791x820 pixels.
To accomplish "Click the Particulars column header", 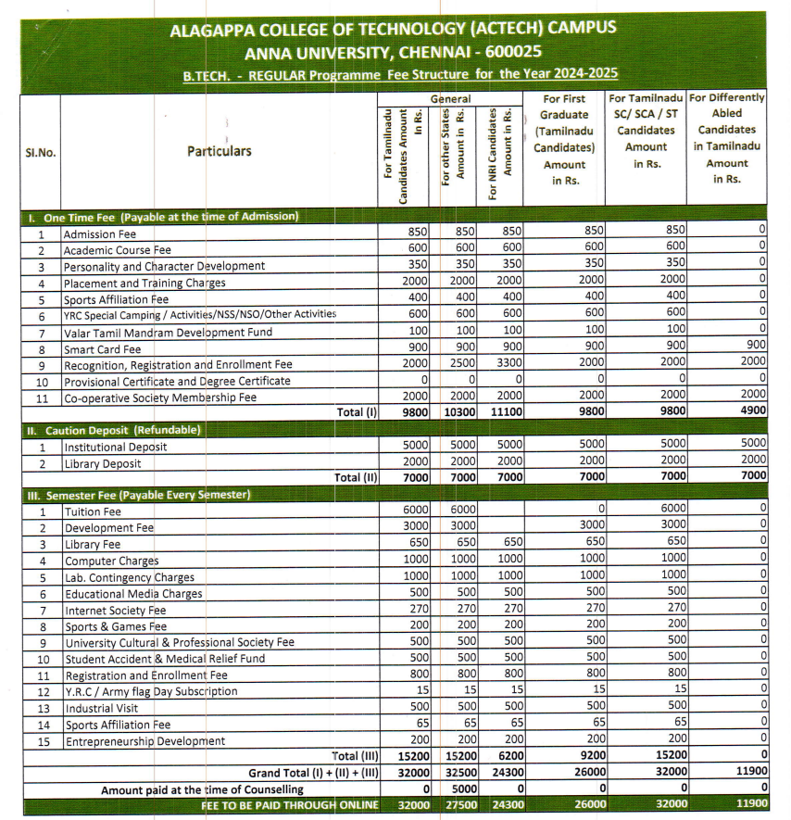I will click(x=220, y=151).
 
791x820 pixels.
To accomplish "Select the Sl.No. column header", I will click(x=40, y=152).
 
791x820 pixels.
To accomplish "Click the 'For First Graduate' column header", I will click(x=564, y=138).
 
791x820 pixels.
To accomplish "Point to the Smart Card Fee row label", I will click(x=103, y=349).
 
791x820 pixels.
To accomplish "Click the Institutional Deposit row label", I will click(x=115, y=447).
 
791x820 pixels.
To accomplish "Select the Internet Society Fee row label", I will click(x=115, y=611).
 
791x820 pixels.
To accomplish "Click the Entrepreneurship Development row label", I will click(x=144, y=741).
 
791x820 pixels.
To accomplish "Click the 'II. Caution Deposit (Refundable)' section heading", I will click(x=111, y=430).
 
